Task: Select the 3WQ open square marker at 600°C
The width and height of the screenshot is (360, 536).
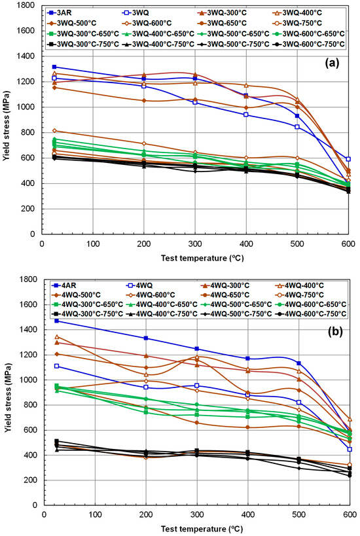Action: pyautogui.click(x=348, y=159)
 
